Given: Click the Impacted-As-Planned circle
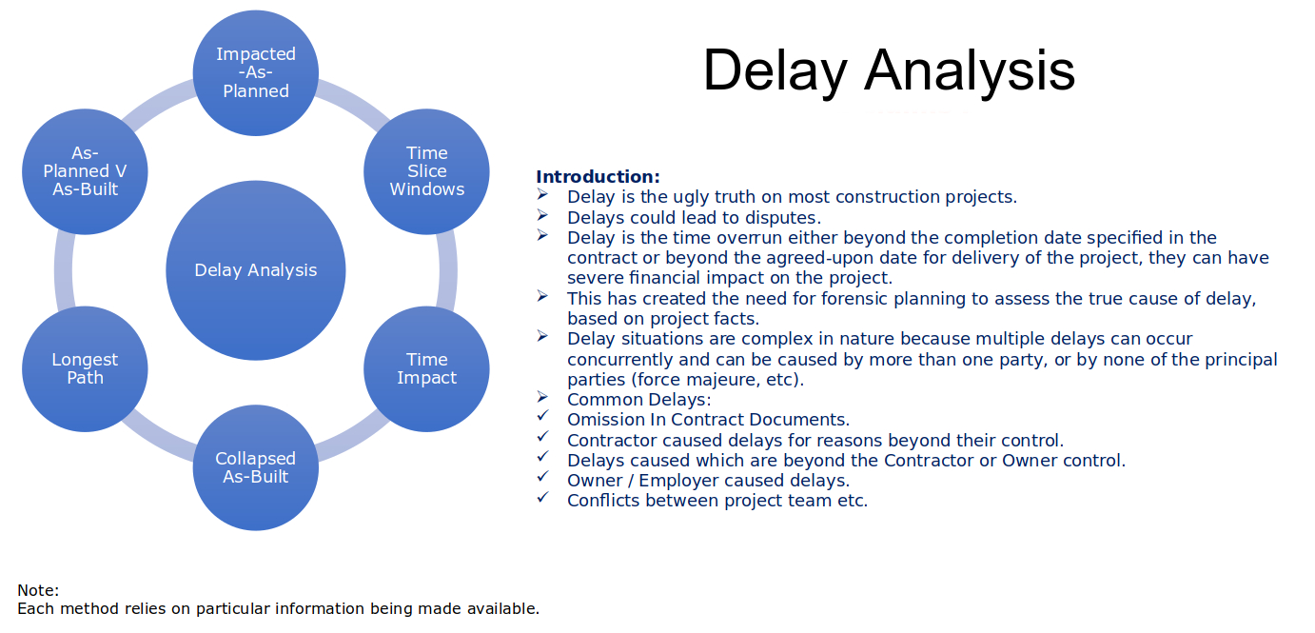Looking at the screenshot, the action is (256, 72).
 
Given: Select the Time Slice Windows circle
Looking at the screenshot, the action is (427, 171).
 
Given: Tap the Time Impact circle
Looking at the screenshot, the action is (427, 368).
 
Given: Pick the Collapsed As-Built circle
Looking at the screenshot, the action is (256, 467).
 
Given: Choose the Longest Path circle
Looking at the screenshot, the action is (85, 368).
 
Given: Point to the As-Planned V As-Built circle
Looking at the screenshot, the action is (85, 171).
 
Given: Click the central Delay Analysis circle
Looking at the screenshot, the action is (256, 270).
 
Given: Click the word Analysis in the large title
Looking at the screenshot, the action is (970, 71).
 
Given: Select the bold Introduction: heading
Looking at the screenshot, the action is (598, 177).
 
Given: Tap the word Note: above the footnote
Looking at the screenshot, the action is (38, 590).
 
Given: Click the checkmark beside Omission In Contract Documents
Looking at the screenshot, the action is (543, 416).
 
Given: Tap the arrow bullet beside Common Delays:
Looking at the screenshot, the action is (542, 397).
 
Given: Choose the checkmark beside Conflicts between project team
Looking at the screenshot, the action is (543, 497).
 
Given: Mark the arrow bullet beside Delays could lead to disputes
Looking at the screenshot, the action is (542, 215).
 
